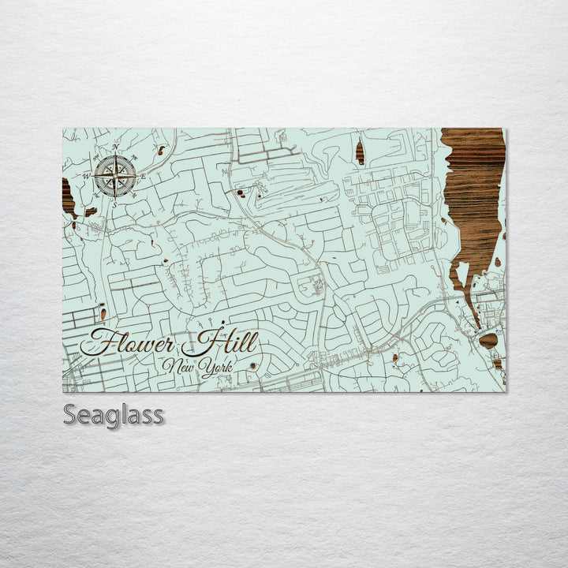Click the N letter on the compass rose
coord(115,148)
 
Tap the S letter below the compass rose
coord(114,204)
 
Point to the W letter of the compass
coord(87,176)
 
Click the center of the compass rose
coord(116,176)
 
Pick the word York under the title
coord(215,368)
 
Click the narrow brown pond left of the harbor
coord(360,151)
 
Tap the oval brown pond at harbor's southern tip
coord(488,340)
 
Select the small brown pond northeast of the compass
coord(161,149)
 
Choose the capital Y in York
coord(203,367)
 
